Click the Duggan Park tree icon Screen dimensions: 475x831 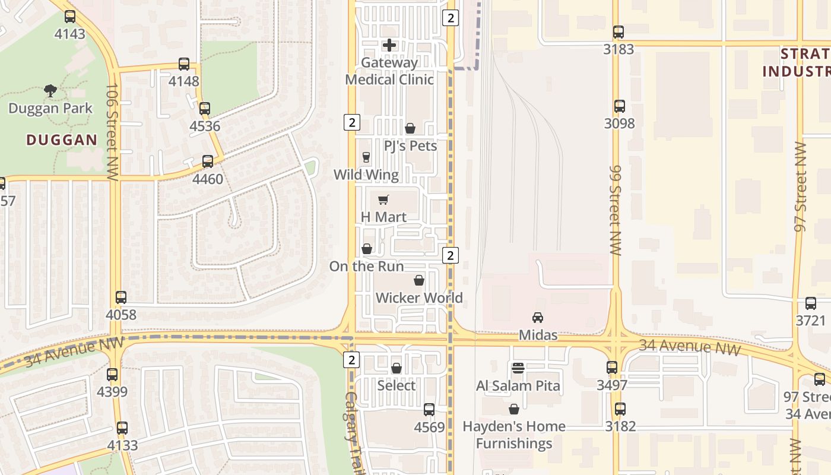pos(50,91)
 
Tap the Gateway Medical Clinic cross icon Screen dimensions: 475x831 pos(389,45)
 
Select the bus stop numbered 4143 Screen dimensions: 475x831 pos(70,17)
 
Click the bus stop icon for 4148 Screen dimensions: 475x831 pos(184,64)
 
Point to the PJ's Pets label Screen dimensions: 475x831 pos(410,146)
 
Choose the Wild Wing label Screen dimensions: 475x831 pos(366,175)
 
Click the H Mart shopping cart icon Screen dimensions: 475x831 pos(383,199)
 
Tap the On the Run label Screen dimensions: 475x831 pos(366,266)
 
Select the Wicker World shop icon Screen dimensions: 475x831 pos(419,280)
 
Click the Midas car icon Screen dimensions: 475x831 pos(538,318)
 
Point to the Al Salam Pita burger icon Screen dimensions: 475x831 pos(518,368)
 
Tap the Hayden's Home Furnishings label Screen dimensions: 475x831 pos(514,435)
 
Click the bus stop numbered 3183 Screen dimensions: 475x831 pos(619,32)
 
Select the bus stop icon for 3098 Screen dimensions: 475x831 pos(620,106)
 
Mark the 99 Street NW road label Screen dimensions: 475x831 pos(615,210)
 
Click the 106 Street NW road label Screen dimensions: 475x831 pos(112,132)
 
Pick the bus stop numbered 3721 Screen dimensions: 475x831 pos(811,303)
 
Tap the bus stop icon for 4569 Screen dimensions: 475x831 pos(429,410)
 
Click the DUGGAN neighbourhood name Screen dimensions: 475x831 pos(62,140)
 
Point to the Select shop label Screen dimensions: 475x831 pos(397,385)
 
